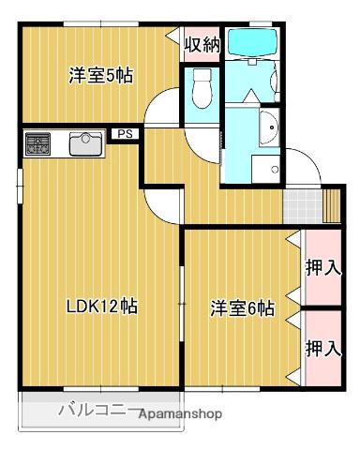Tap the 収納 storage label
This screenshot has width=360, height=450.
(x=201, y=43)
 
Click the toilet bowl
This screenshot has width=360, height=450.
(x=201, y=91)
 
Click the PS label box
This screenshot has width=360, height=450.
(x=124, y=134)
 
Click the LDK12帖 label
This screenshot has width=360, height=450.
(x=103, y=307)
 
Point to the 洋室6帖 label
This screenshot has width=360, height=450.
(x=242, y=307)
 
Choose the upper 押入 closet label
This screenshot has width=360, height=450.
(x=322, y=267)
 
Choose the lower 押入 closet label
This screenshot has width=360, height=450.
(x=322, y=348)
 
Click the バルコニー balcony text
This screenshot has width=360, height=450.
(x=97, y=410)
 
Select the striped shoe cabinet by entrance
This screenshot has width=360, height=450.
(x=332, y=204)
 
